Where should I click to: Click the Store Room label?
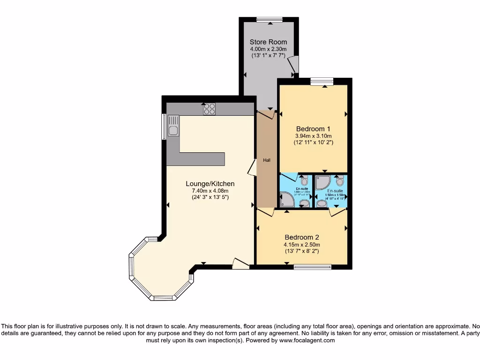(x=268, y=42)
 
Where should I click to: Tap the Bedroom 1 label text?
(x=313, y=129)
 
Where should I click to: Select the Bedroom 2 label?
(x=302, y=237)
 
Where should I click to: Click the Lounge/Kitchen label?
(x=210, y=184)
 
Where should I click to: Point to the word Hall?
(x=267, y=160)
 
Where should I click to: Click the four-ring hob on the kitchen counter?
(x=209, y=109)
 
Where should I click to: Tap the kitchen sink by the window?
(x=173, y=126)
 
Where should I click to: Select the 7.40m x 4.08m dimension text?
(x=210, y=191)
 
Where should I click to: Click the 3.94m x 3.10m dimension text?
(x=313, y=135)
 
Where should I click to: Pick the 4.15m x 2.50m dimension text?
(x=302, y=244)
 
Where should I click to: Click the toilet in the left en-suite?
(x=304, y=181)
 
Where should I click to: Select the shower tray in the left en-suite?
(x=286, y=200)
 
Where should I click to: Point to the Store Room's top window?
(x=270, y=19)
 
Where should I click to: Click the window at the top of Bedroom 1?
(x=322, y=81)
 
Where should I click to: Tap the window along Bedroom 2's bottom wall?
(x=312, y=267)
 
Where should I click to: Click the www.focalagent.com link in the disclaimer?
(x=307, y=341)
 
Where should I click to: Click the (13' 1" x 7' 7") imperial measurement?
(x=268, y=55)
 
